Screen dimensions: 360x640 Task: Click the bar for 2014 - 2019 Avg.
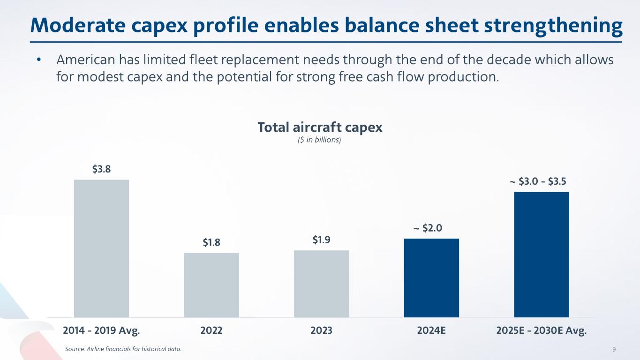101,248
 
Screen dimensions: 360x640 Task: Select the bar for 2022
211,285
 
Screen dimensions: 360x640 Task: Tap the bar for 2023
322,284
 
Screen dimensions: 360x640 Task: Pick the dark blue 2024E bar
431,278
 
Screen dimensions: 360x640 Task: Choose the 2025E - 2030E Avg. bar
542,255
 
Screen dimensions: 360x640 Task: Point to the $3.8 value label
101,169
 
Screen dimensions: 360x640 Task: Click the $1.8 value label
211,242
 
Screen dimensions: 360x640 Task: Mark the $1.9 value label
322,240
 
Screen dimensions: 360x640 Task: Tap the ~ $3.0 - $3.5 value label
541,181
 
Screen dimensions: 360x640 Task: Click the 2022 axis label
211,330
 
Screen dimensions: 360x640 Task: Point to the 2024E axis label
431,330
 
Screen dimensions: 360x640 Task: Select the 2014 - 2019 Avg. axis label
101,330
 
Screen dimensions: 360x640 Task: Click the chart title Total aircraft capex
320,127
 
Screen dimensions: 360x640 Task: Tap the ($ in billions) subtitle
320,140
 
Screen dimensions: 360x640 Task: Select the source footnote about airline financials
122,349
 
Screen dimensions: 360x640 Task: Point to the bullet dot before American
40,60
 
